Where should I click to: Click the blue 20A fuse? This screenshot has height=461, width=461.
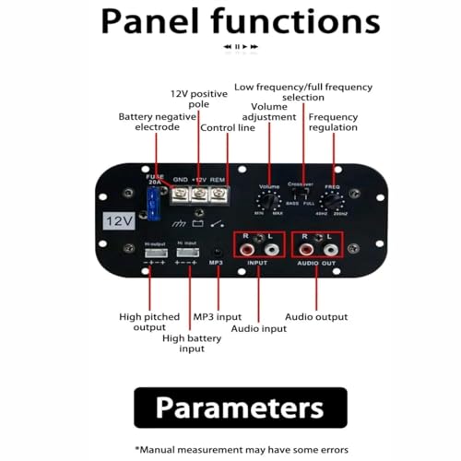pyautogui.click(x=153, y=205)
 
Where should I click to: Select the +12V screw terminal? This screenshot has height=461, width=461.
pyautogui.click(x=198, y=195)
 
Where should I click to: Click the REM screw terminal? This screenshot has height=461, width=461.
pyautogui.click(x=218, y=195)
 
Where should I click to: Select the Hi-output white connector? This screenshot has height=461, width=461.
pyautogui.click(x=154, y=250)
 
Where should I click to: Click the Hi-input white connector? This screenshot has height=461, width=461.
pyautogui.click(x=187, y=250)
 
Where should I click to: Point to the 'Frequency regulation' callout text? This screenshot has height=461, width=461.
pyautogui.click(x=333, y=123)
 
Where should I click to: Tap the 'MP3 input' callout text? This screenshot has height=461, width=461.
pyautogui.click(x=218, y=317)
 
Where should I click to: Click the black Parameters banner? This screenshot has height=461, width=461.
pyautogui.click(x=240, y=408)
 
